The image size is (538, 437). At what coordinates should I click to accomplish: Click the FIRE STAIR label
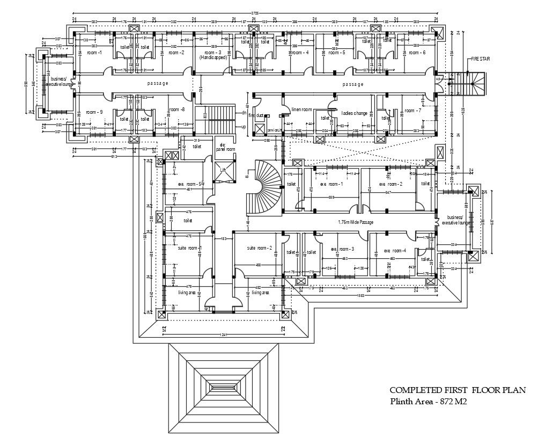(481, 59)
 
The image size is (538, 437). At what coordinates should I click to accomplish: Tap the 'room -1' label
(94, 53)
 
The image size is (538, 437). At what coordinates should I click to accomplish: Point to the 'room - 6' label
(417, 53)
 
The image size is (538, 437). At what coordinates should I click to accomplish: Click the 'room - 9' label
(94, 112)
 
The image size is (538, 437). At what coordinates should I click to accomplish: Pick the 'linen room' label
(301, 110)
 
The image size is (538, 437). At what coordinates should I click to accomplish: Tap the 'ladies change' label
(355, 113)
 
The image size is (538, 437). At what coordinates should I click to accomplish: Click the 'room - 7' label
(413, 110)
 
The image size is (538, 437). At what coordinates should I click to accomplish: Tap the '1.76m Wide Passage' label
(355, 222)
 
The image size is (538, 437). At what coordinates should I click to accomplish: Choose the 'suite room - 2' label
(260, 248)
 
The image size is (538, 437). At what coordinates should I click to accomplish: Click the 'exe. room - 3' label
(342, 250)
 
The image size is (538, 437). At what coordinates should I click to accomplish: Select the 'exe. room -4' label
(395, 251)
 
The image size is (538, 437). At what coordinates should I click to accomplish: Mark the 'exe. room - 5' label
(190, 184)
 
